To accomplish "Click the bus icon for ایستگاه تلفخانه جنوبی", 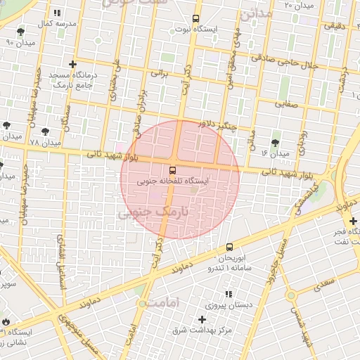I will [x=173, y=169].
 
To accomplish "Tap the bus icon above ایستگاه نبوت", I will [x=195, y=19].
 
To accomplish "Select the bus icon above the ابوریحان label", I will [x=229, y=247].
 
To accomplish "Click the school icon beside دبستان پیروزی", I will [x=228, y=295].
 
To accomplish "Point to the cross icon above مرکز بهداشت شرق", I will [x=202, y=319].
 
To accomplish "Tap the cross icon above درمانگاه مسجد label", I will [x=72, y=65].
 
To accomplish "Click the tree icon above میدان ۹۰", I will [x=20, y=32].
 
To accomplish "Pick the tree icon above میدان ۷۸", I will [x=46, y=131].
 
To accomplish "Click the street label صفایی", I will [x=285, y=105].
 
